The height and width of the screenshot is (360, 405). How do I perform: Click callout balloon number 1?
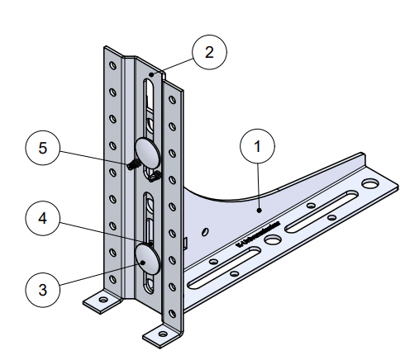[258, 149]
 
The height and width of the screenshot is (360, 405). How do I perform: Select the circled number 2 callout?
[210, 54]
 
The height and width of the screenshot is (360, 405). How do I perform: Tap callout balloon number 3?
[43, 289]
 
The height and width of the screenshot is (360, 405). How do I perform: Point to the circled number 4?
[43, 220]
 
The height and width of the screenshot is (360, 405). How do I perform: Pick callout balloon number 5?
[43, 150]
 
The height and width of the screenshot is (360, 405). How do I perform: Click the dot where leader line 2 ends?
[152, 74]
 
